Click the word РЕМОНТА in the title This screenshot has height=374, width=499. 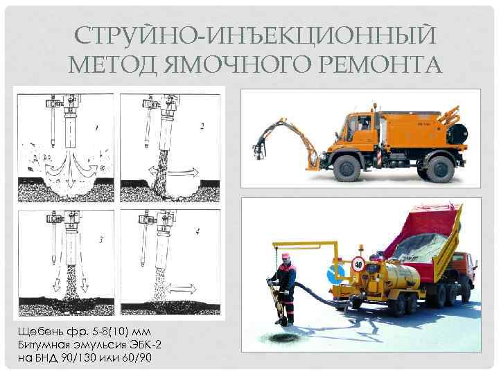tap(380, 64)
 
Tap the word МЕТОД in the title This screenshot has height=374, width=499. tap(112, 65)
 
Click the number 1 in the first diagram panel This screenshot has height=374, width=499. tap(96, 128)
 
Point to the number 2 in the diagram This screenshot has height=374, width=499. tap(202, 126)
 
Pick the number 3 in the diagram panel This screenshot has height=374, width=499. tap(101, 240)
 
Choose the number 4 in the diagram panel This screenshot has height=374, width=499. tap(198, 232)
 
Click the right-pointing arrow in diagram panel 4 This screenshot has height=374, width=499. tap(182, 289)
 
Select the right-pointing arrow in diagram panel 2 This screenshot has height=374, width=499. tap(184, 172)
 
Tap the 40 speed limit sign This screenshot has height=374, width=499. tap(358, 265)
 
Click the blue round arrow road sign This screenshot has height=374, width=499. tap(336, 274)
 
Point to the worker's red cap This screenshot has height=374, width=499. tap(286, 256)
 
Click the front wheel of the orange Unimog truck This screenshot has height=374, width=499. tap(347, 168)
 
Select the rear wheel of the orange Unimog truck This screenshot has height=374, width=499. tap(440, 169)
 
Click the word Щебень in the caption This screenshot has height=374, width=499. tap(40, 332)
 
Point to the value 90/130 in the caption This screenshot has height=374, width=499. tap(78, 358)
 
